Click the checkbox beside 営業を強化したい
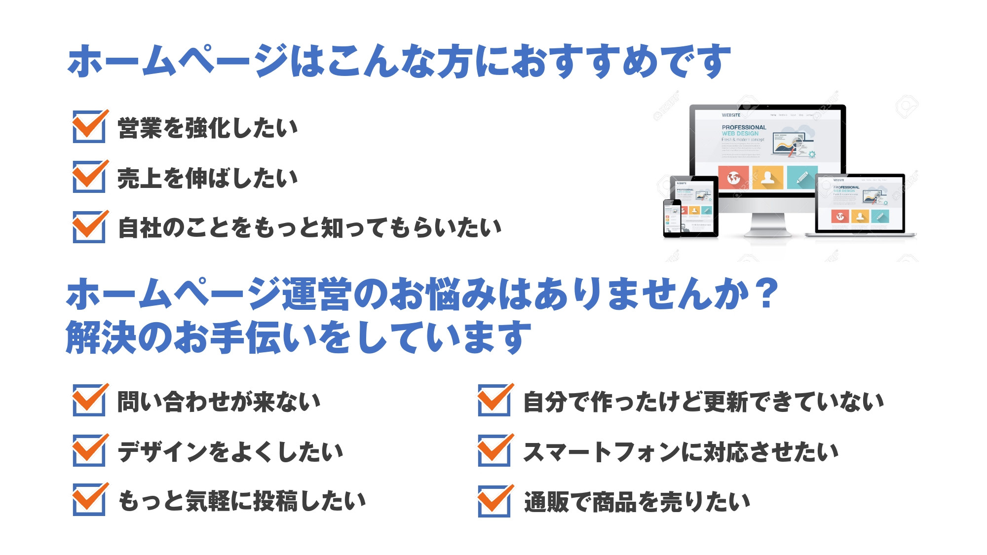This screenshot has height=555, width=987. pyautogui.click(x=89, y=127)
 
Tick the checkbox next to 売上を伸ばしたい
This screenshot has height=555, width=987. pyautogui.click(x=89, y=177)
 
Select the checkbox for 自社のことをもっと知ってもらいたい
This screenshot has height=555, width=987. pyautogui.click(x=89, y=227)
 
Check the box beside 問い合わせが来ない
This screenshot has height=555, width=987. pyautogui.click(x=89, y=401)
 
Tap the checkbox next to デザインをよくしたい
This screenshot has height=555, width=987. pyautogui.click(x=89, y=451)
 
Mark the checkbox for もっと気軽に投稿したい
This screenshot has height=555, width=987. pyautogui.click(x=89, y=500)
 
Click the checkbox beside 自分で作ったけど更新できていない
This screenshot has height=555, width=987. pyautogui.click(x=494, y=401)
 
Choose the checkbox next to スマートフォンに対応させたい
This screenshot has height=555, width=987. pyautogui.click(x=494, y=451)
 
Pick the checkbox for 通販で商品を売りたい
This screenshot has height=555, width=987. pyautogui.click(x=494, y=501)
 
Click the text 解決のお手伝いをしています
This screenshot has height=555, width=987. pyautogui.click(x=299, y=338)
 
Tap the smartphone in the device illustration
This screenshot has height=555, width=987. pyautogui.click(x=672, y=217)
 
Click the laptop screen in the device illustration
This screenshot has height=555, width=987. pyautogui.click(x=860, y=203)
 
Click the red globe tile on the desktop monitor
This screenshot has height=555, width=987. pyautogui.click(x=733, y=178)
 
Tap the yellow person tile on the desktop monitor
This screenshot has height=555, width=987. pyautogui.click(x=767, y=178)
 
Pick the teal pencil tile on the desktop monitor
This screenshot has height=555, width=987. pyautogui.click(x=801, y=178)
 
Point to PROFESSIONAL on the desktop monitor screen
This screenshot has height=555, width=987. pyautogui.click(x=744, y=127)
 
